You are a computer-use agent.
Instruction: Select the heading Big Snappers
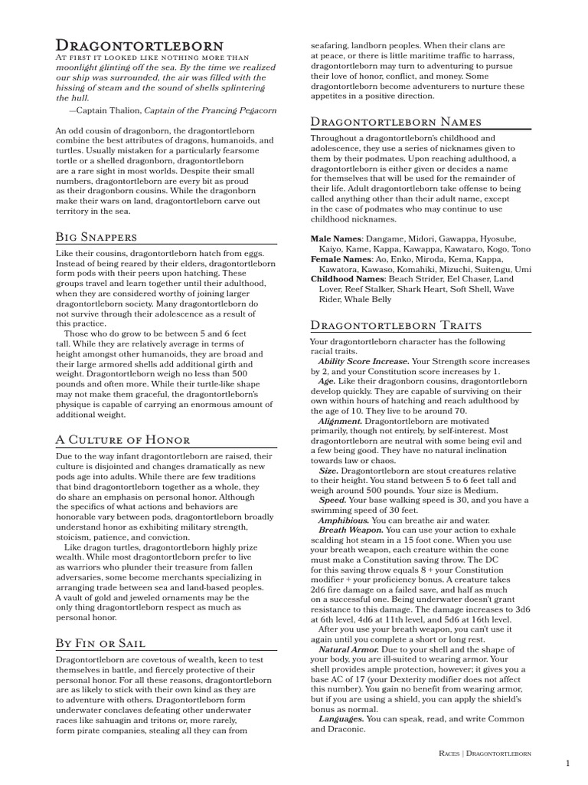pos(96,237)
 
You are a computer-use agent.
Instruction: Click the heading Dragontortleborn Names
pos(396,122)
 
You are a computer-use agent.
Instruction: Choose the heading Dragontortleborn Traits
pos(397,325)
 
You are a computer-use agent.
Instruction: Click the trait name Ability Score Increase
pos(363,360)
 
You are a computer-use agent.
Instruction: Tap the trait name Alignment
pos(340,421)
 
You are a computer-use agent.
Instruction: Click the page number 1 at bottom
pos(567,764)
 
